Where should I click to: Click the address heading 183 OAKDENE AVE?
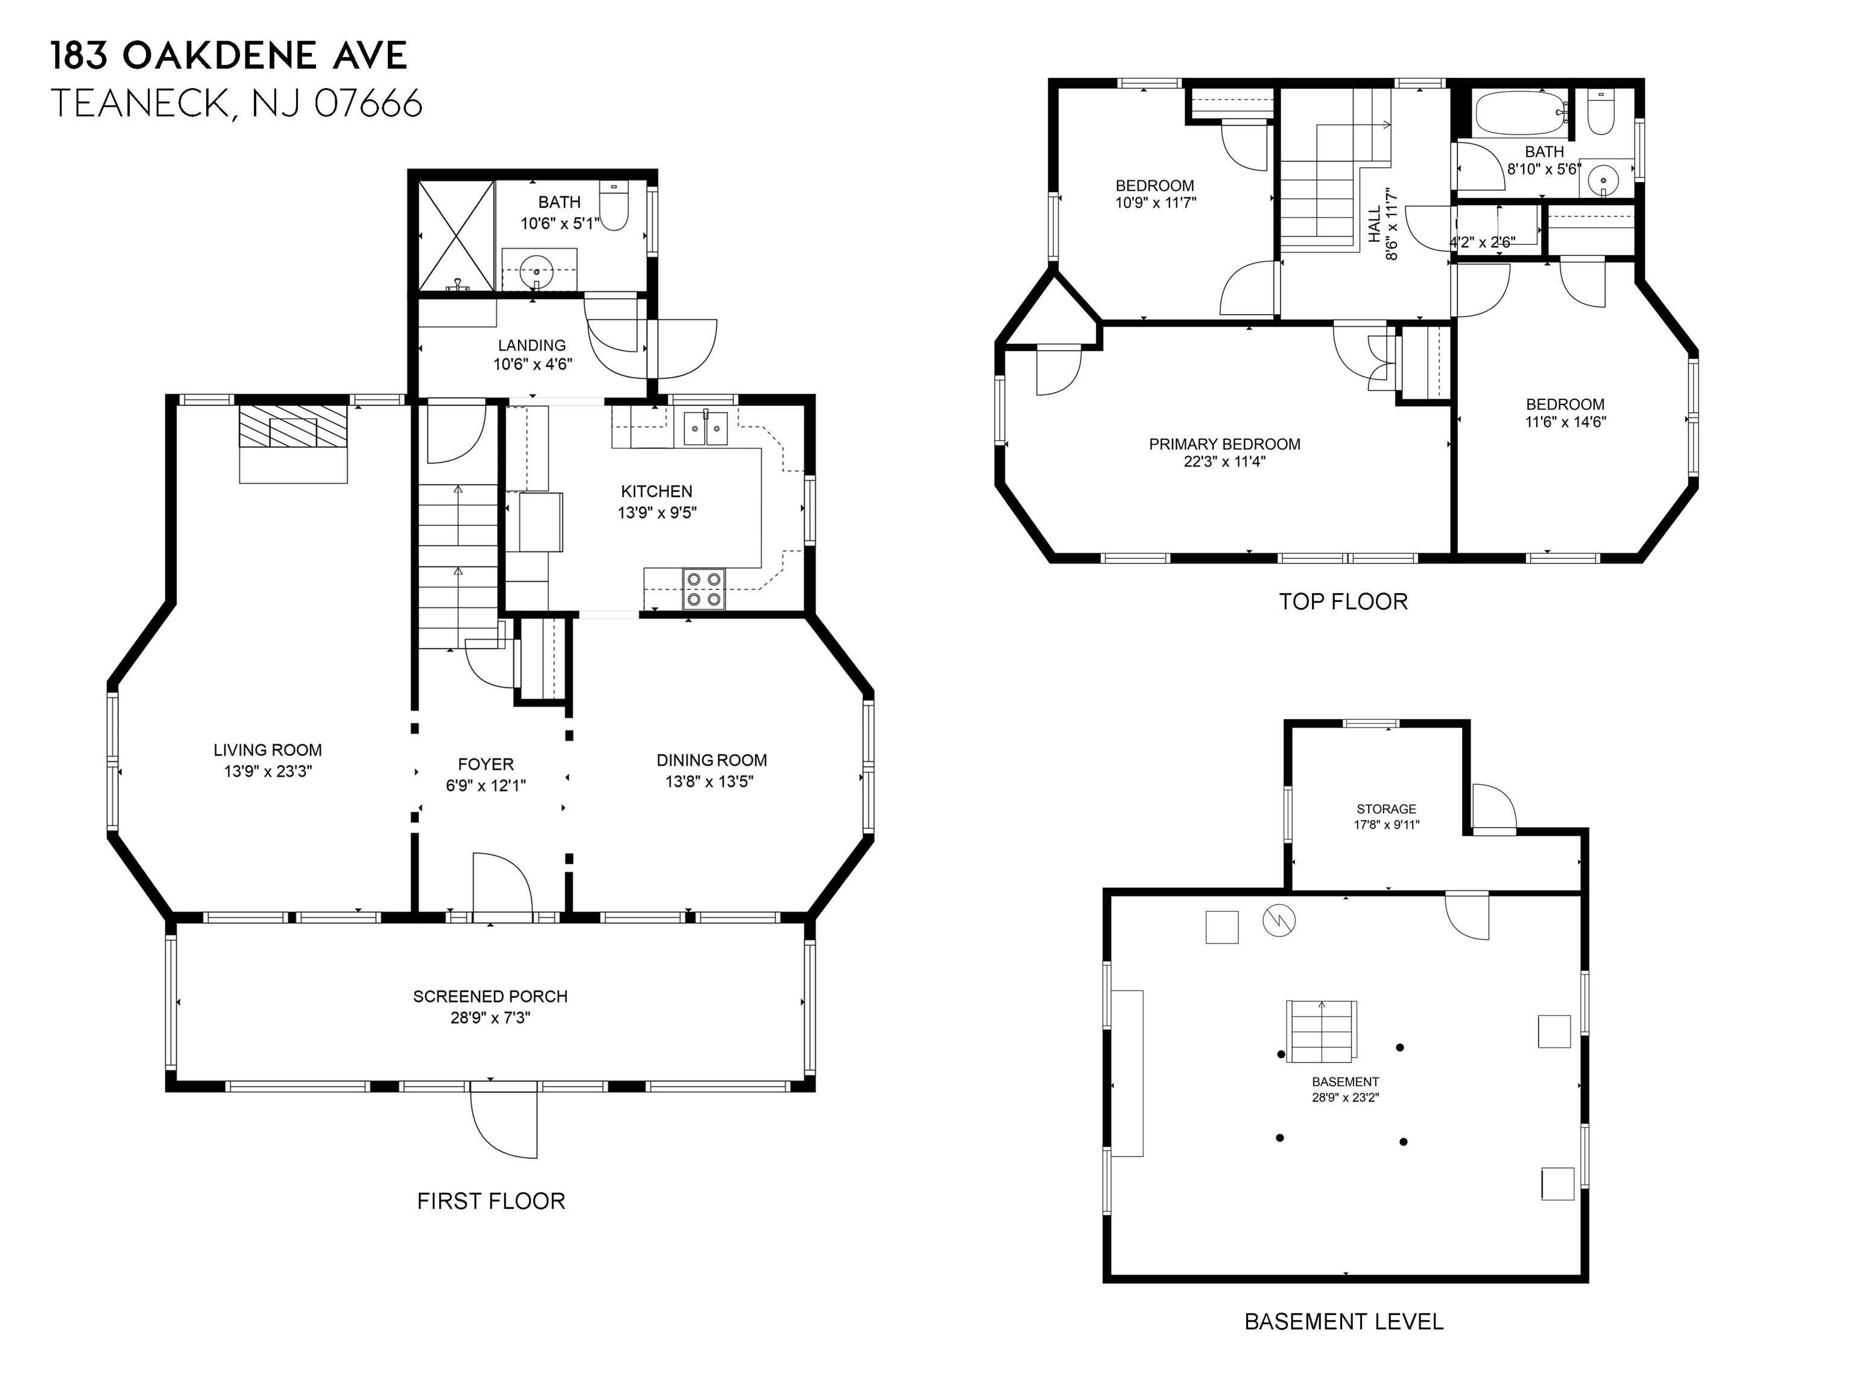tap(229, 56)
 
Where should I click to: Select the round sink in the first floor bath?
tap(535, 272)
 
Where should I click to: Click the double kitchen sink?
tap(706, 428)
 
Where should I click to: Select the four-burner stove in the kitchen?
tap(704, 588)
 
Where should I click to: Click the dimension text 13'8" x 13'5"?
tap(709, 782)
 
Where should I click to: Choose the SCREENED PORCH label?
tap(490, 996)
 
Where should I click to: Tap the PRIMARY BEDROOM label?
tap(1224, 444)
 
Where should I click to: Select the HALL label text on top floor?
tap(1375, 224)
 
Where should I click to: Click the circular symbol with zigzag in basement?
tap(1278, 921)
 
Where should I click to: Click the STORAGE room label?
tap(1386, 808)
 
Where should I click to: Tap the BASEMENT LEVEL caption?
tap(1344, 1321)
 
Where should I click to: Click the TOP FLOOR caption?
tap(1343, 601)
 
